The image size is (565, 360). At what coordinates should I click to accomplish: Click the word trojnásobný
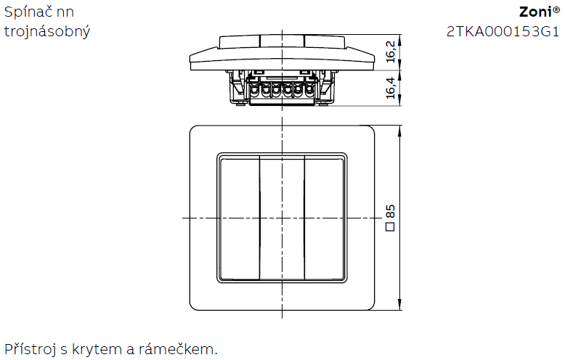(47, 32)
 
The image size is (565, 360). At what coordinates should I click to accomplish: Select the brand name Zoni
(535, 12)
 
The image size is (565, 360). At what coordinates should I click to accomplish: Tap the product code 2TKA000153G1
(503, 32)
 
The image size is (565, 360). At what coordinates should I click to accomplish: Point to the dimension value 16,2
(391, 52)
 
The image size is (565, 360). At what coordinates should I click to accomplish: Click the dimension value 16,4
(391, 88)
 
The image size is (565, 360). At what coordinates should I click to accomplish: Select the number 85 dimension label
(390, 211)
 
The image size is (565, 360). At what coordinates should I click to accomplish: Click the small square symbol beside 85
(390, 226)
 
